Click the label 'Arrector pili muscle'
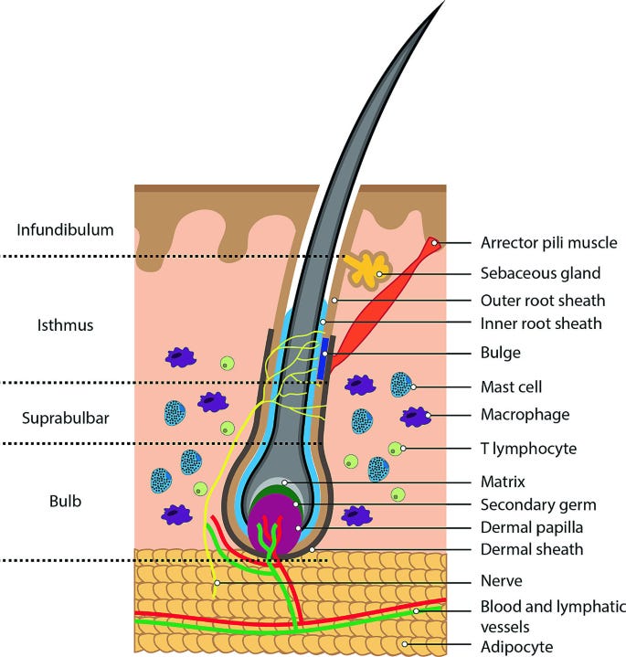(x=548, y=243)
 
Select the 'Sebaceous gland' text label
(x=540, y=272)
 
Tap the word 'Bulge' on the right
(x=501, y=351)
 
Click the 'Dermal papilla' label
(x=533, y=526)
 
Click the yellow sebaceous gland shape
(x=366, y=270)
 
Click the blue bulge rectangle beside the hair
(x=322, y=360)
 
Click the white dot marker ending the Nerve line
(x=218, y=581)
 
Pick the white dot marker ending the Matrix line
(x=285, y=481)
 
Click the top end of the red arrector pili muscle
(x=435, y=243)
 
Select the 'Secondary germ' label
(x=538, y=503)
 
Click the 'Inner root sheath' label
(x=541, y=323)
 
